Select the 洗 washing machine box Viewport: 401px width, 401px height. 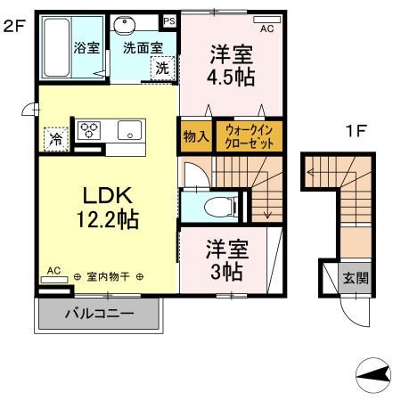[x=162, y=67]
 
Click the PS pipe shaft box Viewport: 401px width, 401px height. [x=169, y=19]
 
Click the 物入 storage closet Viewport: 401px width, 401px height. [x=195, y=136]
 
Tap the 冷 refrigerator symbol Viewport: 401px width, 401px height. [x=55, y=138]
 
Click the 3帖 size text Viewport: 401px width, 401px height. [x=227, y=272]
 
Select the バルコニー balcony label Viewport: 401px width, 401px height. [x=99, y=315]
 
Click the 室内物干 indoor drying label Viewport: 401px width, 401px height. [x=109, y=277]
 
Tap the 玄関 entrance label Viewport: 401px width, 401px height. [x=356, y=277]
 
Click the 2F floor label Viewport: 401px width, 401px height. [x=13, y=27]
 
